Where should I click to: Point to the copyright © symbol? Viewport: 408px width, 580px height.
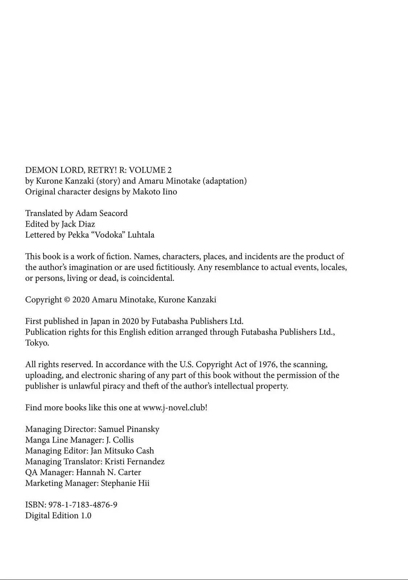(67, 300)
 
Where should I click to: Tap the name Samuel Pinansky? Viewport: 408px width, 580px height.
(129, 429)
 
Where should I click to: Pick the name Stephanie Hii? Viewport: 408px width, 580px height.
(125, 483)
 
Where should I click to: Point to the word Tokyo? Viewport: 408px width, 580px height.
(37, 343)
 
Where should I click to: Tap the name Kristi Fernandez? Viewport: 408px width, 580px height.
(135, 461)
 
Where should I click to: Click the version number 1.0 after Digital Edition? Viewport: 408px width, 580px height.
(86, 515)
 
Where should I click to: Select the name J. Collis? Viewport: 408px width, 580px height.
(119, 440)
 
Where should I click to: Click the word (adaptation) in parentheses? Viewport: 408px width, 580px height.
(225, 181)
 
